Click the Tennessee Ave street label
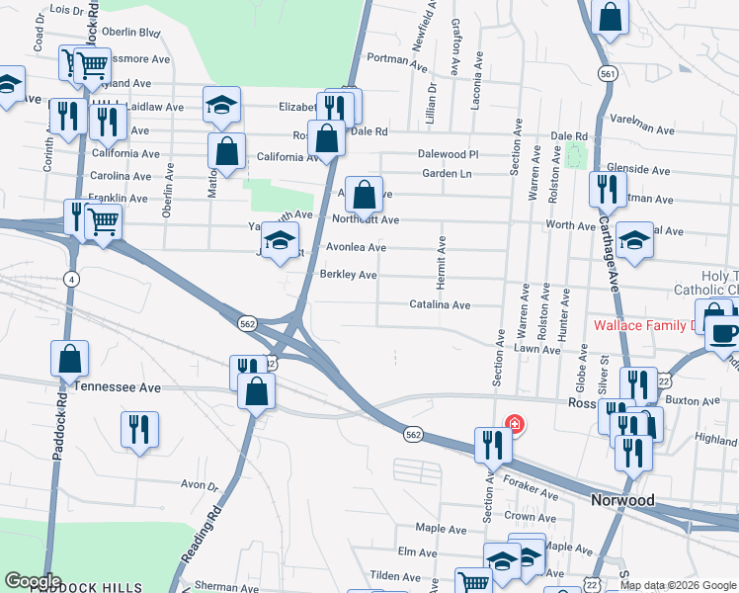[x=118, y=388]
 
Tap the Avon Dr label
[x=199, y=485]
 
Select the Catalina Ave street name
[x=440, y=305]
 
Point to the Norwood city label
[x=622, y=500]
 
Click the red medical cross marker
[x=514, y=425]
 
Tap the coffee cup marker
[x=723, y=331]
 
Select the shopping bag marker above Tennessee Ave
[x=70, y=359]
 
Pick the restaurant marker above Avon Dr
[x=138, y=429]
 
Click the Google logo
[x=33, y=581]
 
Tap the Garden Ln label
[x=447, y=174]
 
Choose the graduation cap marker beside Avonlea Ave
[x=280, y=239]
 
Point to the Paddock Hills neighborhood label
[x=87, y=587]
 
